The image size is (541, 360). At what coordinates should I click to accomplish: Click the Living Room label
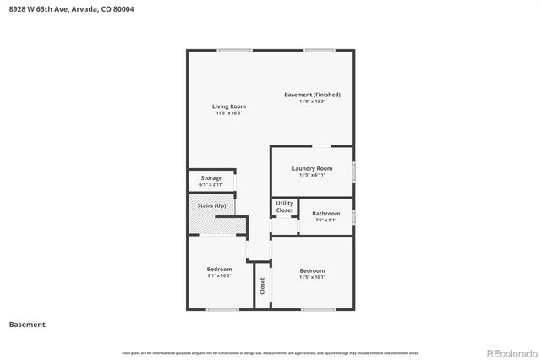pos(228,106)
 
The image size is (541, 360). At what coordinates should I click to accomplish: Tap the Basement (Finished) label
pos(312,95)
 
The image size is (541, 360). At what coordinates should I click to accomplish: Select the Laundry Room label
pos(312,168)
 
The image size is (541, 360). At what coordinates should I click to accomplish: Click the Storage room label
pos(211,178)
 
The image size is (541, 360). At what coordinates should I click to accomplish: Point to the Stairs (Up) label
pos(211,205)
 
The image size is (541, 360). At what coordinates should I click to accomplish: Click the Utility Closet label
pos(285,207)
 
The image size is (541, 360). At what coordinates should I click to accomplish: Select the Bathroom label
pos(325,214)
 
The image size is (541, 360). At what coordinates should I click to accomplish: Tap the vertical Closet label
pos(262,285)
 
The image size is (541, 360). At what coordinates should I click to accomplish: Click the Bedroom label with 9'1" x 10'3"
pos(219,270)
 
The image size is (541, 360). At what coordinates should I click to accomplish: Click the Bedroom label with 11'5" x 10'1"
pos(312,270)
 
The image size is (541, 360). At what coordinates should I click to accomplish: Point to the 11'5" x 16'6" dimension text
pos(228,113)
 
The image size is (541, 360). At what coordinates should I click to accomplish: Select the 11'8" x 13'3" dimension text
pos(312,101)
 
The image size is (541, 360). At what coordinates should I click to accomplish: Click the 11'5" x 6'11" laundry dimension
pos(312,175)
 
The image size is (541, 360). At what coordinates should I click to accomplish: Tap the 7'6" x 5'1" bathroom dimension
pos(325,221)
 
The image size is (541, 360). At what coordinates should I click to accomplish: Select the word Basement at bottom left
pos(27,325)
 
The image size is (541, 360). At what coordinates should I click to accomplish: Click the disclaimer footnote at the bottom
pos(270,352)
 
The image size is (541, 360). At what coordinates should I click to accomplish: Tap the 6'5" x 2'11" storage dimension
pos(211,184)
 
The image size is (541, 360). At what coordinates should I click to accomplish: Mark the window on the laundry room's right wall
pos(353,172)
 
